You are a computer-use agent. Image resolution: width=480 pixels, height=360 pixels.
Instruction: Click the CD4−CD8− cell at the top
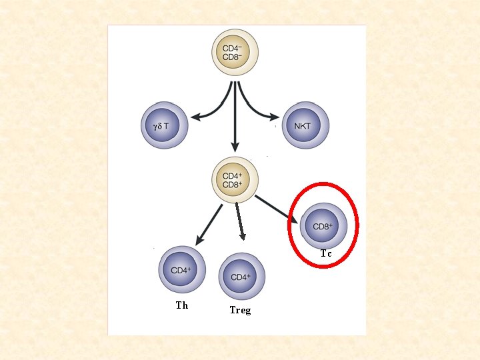click(235, 52)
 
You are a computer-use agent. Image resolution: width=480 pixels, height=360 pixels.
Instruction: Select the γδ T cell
click(165, 125)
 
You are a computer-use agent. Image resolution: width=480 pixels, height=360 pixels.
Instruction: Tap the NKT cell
click(305, 125)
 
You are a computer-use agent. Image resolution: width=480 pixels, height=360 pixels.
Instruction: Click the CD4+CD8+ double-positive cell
click(235, 179)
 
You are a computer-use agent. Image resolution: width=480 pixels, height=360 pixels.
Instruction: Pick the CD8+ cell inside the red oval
click(323, 226)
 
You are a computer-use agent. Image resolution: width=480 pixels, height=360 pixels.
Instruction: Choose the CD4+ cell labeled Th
click(182, 270)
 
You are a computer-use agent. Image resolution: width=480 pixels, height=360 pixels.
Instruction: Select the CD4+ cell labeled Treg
click(241, 276)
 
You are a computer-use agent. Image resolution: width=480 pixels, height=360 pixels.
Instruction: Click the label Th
click(182, 305)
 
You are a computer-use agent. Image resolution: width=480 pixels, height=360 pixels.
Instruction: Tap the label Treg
click(240, 310)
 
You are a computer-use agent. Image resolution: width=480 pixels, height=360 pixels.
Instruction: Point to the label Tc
click(326, 254)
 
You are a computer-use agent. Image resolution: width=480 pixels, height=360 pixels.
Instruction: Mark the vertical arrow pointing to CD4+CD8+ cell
click(234, 120)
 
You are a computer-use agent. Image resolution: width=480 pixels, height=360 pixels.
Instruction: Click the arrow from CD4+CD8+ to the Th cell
click(209, 224)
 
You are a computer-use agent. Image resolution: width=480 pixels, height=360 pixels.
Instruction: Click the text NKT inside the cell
click(303, 125)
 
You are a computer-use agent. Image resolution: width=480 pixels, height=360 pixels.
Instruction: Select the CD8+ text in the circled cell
click(323, 227)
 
